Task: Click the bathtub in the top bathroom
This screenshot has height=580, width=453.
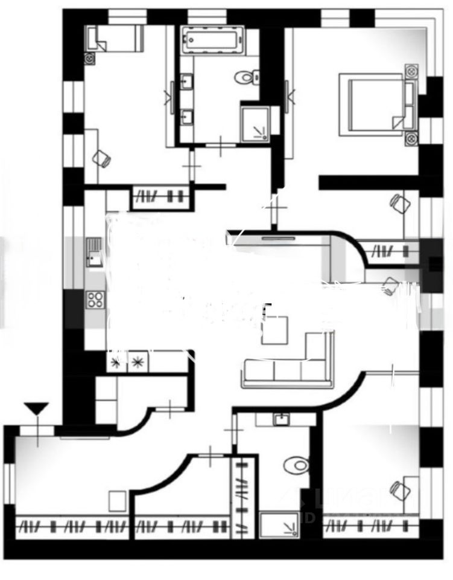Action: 211,41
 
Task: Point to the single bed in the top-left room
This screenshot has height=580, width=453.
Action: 115,39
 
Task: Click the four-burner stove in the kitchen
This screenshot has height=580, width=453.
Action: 95,299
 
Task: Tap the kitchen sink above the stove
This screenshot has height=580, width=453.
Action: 94,253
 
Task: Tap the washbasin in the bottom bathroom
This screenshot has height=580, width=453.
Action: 281,419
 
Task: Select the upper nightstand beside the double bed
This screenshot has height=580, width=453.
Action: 413,69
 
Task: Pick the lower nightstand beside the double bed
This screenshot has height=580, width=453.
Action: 411,137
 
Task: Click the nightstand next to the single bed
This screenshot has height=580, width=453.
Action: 90,59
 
